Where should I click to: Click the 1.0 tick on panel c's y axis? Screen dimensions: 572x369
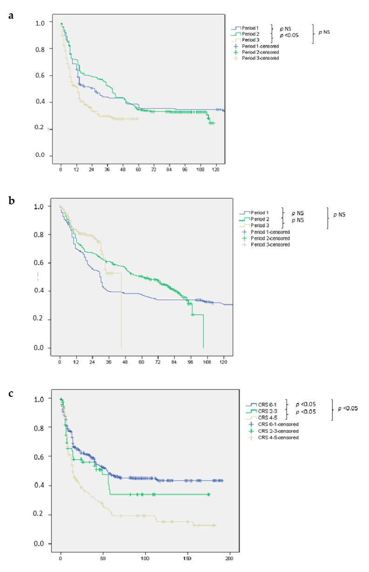[40, 399]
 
